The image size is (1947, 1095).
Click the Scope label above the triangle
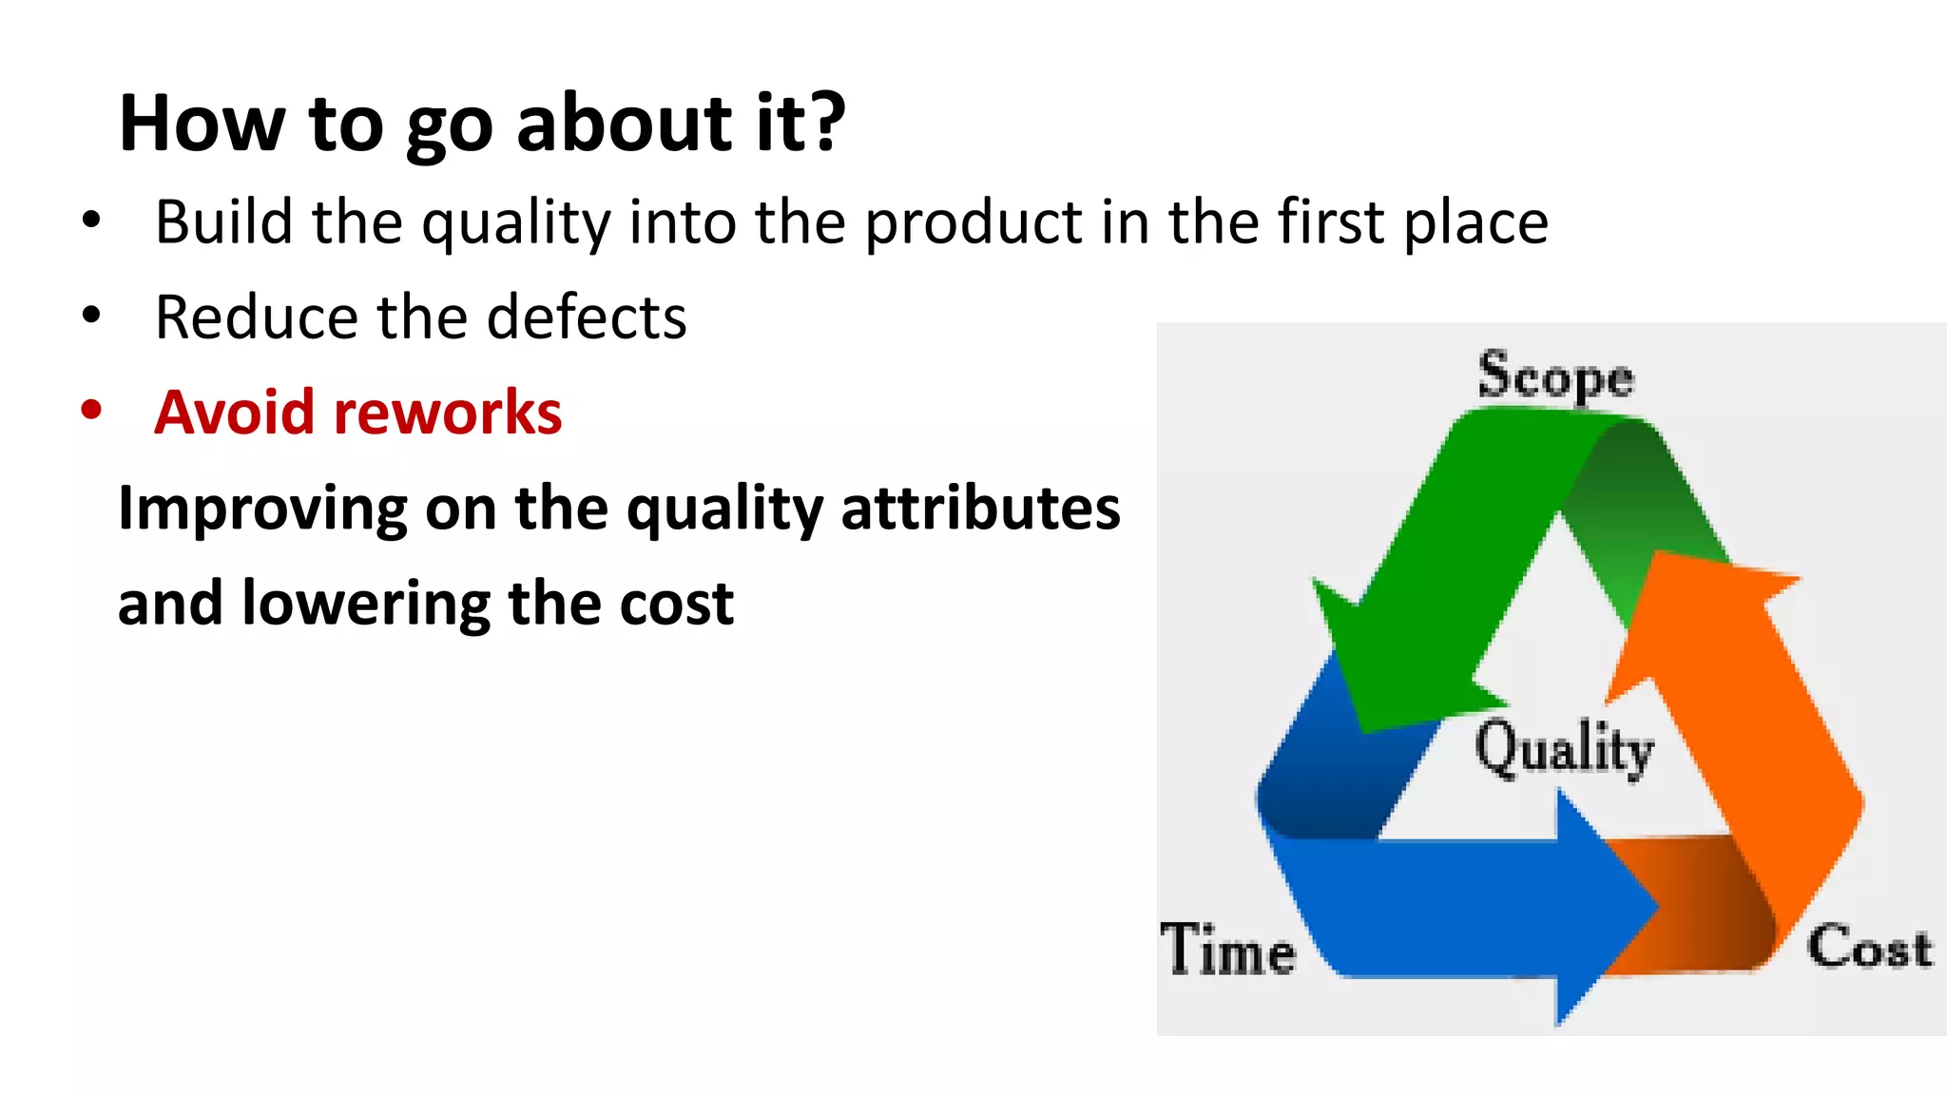tap(1555, 376)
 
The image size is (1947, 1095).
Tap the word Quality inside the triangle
tap(1564, 749)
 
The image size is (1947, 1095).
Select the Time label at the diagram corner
tap(1227, 950)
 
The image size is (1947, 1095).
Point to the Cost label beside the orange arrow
tap(1869, 948)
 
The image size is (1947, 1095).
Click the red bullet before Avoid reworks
tap(91, 411)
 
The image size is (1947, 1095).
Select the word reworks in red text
tap(448, 413)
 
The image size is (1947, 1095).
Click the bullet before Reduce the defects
tap(91, 315)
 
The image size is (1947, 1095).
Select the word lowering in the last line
tap(366, 604)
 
